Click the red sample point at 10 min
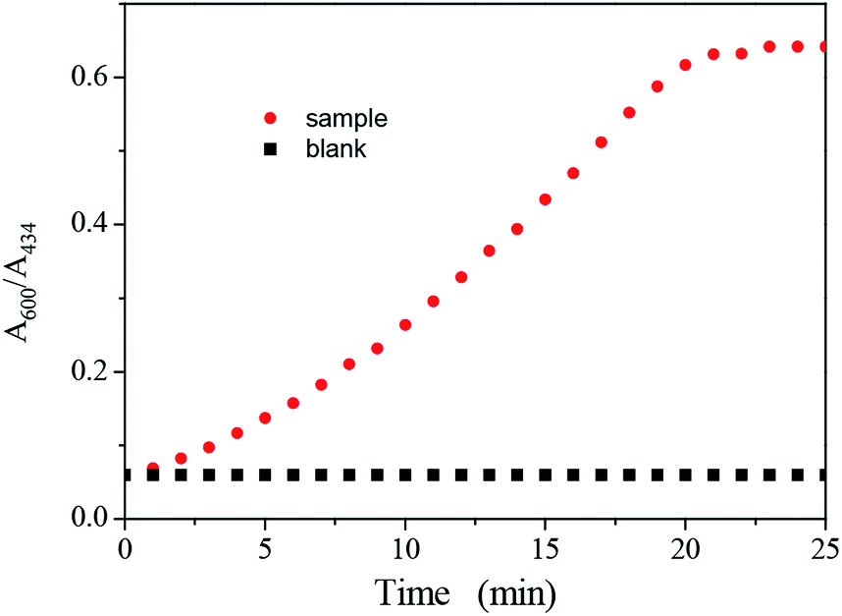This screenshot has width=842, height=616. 405,324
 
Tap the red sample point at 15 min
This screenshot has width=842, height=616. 545,199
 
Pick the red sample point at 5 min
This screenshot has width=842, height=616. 265,418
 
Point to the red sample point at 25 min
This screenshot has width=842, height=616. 824,46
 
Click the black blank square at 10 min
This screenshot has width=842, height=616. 405,475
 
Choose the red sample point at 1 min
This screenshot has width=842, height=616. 153,469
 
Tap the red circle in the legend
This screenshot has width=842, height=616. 272,119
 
